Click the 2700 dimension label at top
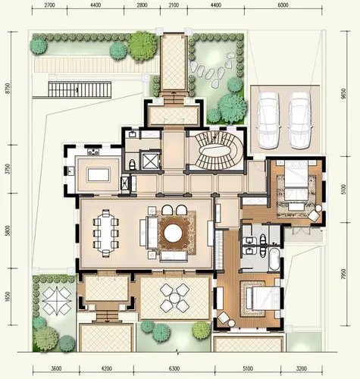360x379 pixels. tap(49, 5)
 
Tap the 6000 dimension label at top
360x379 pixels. tap(283, 5)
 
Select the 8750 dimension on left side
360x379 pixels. tap(8, 88)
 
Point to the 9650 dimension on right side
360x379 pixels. tap(343, 93)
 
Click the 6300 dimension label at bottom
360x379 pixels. tap(174, 368)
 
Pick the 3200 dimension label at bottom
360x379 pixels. tap(302, 368)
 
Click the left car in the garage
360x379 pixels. tap(268, 121)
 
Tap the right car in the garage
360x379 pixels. tap(300, 121)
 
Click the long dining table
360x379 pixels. tap(106, 233)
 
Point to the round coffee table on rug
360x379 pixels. tap(174, 233)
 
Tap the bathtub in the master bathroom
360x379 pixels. tap(274, 259)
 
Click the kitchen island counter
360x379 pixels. tap(99, 174)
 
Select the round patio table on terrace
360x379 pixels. tap(174, 298)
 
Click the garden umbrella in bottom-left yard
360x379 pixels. tap(57, 301)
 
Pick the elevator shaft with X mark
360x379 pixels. tap(150, 160)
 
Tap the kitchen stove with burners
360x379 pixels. tap(93, 152)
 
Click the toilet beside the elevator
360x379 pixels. tap(133, 164)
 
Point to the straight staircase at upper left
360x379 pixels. tap(80, 89)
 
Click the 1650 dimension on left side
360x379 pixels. tap(8, 297)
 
